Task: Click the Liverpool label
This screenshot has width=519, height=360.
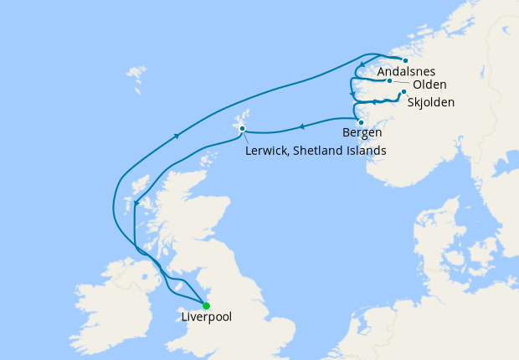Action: tap(207, 317)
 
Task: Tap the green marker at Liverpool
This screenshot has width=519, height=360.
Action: tap(206, 306)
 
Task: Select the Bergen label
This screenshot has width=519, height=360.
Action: tap(362, 132)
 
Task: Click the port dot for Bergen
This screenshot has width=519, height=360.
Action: tap(361, 122)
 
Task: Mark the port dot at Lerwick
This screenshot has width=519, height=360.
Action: tap(242, 128)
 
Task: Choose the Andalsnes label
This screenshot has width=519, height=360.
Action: tap(406, 73)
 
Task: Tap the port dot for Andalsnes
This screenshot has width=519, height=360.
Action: tap(405, 60)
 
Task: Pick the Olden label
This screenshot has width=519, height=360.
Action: tap(429, 85)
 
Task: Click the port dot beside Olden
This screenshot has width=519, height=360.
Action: tap(390, 81)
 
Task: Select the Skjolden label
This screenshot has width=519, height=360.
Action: tap(430, 103)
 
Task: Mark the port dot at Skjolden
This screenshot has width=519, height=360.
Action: tap(403, 92)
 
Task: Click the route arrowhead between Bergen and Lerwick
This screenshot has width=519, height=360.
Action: tap(301, 127)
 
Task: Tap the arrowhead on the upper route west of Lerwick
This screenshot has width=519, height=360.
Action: tap(177, 135)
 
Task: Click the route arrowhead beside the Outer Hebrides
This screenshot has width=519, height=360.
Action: tap(136, 203)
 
